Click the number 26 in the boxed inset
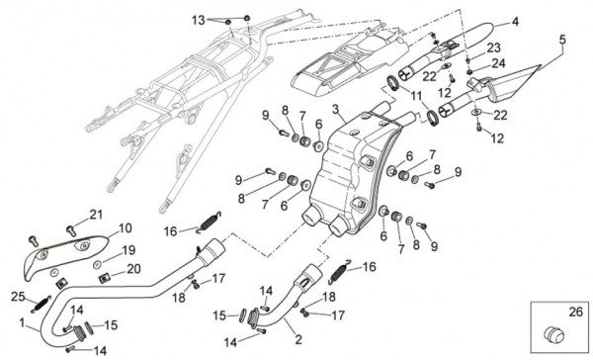coord(576,313)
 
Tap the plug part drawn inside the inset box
coord(553,334)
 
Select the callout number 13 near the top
coord(198,21)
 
